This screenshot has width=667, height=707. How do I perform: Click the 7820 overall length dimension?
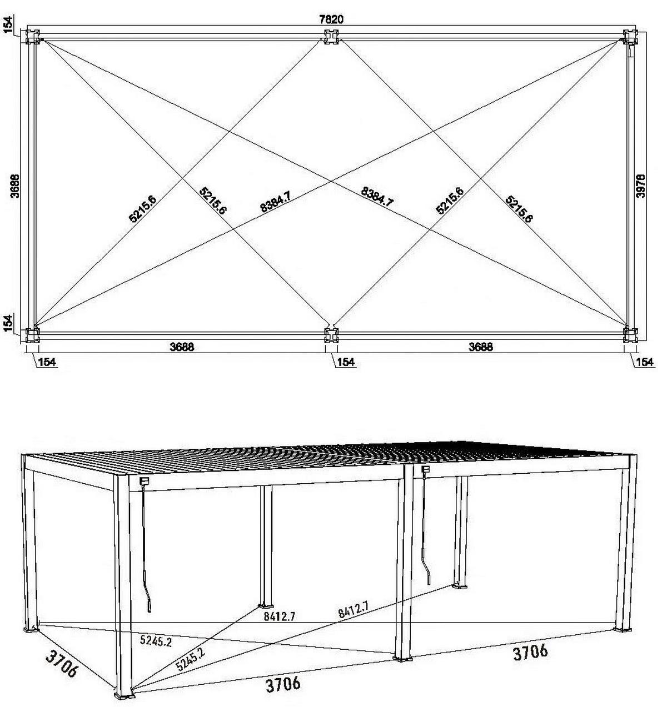click(331, 19)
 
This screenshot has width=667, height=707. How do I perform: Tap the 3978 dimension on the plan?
click(640, 186)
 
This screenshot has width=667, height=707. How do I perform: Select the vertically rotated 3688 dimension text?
click(15, 186)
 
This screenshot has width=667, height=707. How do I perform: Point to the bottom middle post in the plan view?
click(332, 335)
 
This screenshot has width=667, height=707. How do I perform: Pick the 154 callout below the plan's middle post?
click(346, 362)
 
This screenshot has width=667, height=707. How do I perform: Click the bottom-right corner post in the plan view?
click(630, 335)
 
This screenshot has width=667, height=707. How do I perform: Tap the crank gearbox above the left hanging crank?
click(143, 482)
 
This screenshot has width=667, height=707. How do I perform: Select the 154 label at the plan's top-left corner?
click(10, 24)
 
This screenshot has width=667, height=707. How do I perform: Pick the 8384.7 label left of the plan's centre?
click(276, 202)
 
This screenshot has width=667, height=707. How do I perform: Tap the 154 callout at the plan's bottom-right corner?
click(645, 362)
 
